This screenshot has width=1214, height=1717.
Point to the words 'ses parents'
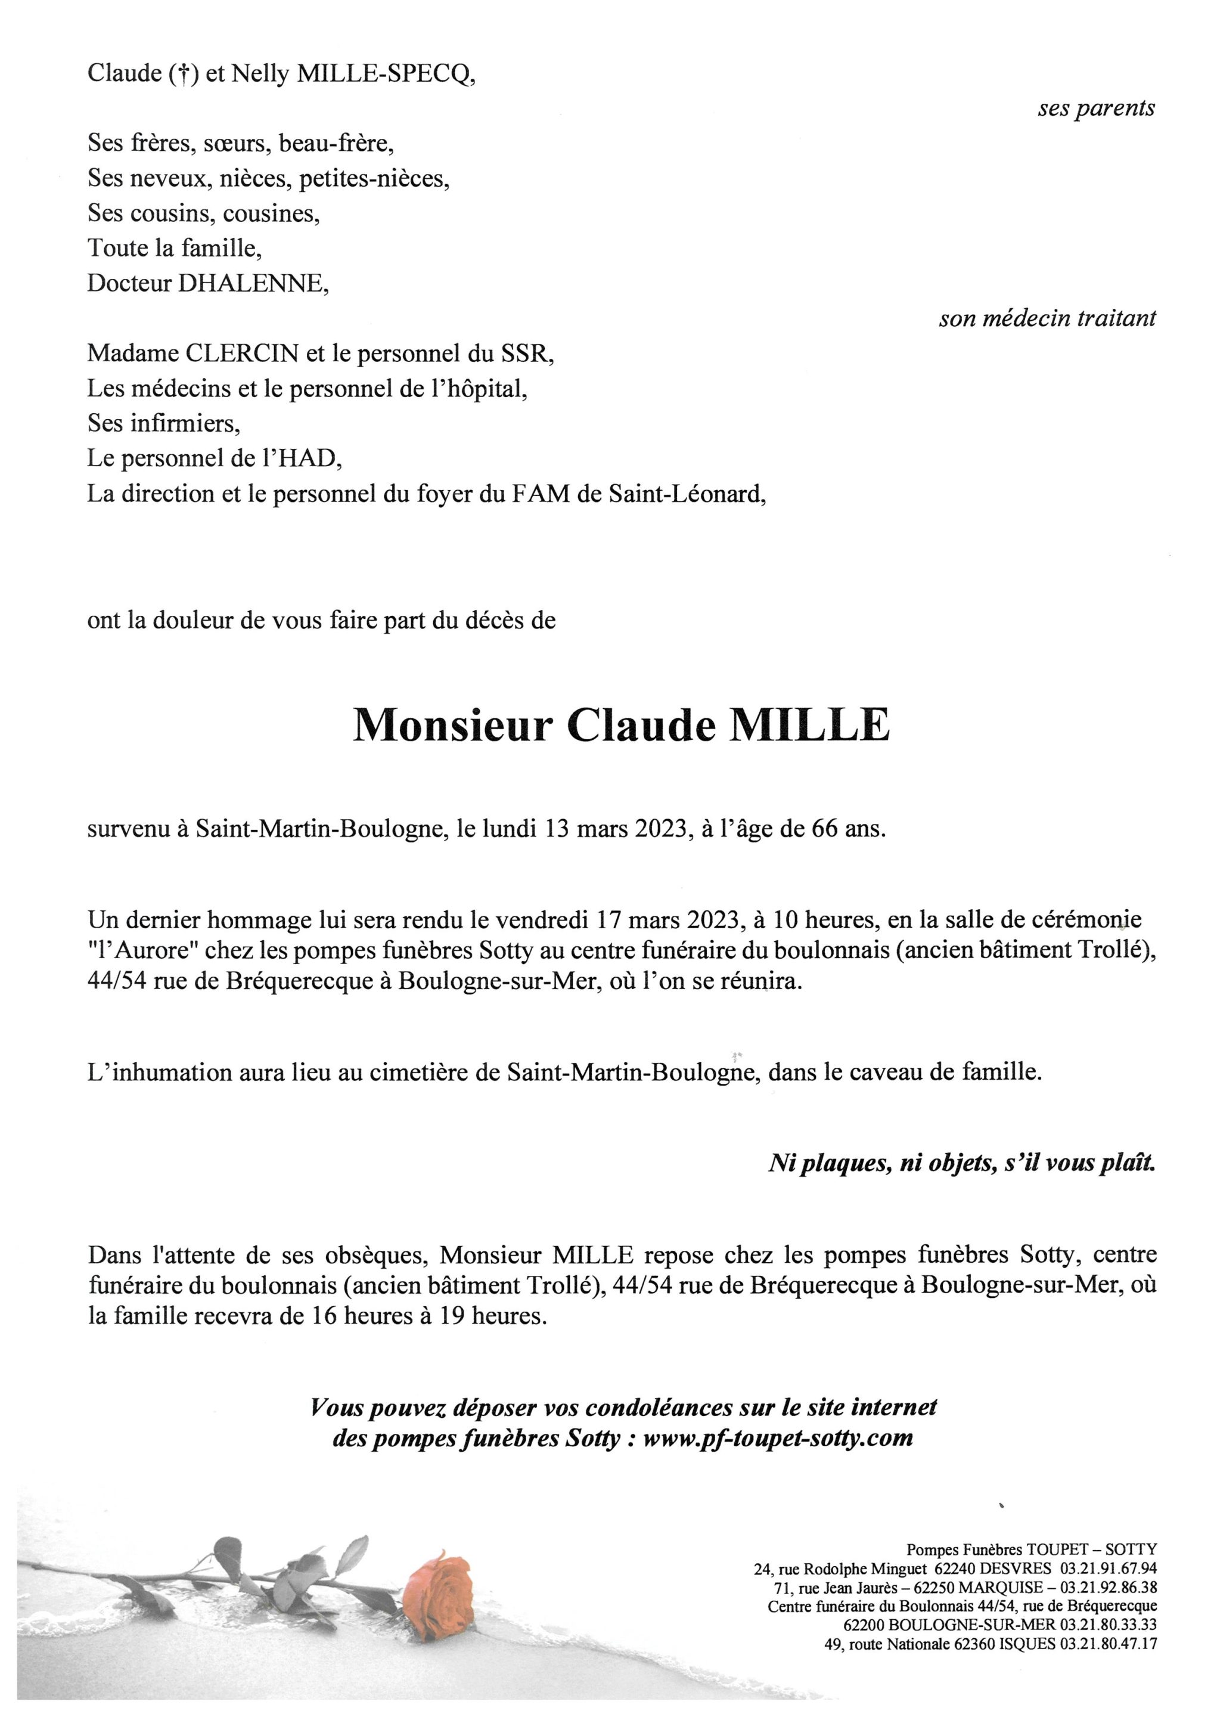click(x=1096, y=109)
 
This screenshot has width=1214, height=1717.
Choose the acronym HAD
click(x=306, y=458)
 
